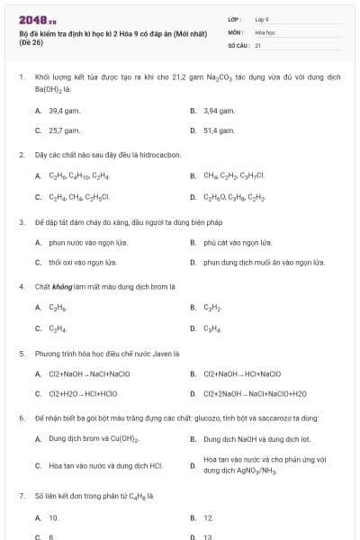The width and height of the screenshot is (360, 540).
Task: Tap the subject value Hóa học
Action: pyautogui.click(x=264, y=31)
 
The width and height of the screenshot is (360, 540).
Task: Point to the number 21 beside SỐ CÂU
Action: pyautogui.click(x=258, y=44)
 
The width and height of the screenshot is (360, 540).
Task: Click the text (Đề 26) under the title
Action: pyautogui.click(x=30, y=43)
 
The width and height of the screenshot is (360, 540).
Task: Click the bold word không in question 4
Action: pyautogui.click(x=60, y=286)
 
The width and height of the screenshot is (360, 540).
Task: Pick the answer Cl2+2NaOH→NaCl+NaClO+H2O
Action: pyautogui.click(x=255, y=393)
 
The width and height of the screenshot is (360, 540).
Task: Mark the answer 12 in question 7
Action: pyautogui.click(x=208, y=517)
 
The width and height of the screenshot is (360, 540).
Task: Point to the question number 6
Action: pyautogui.click(x=21, y=418)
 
